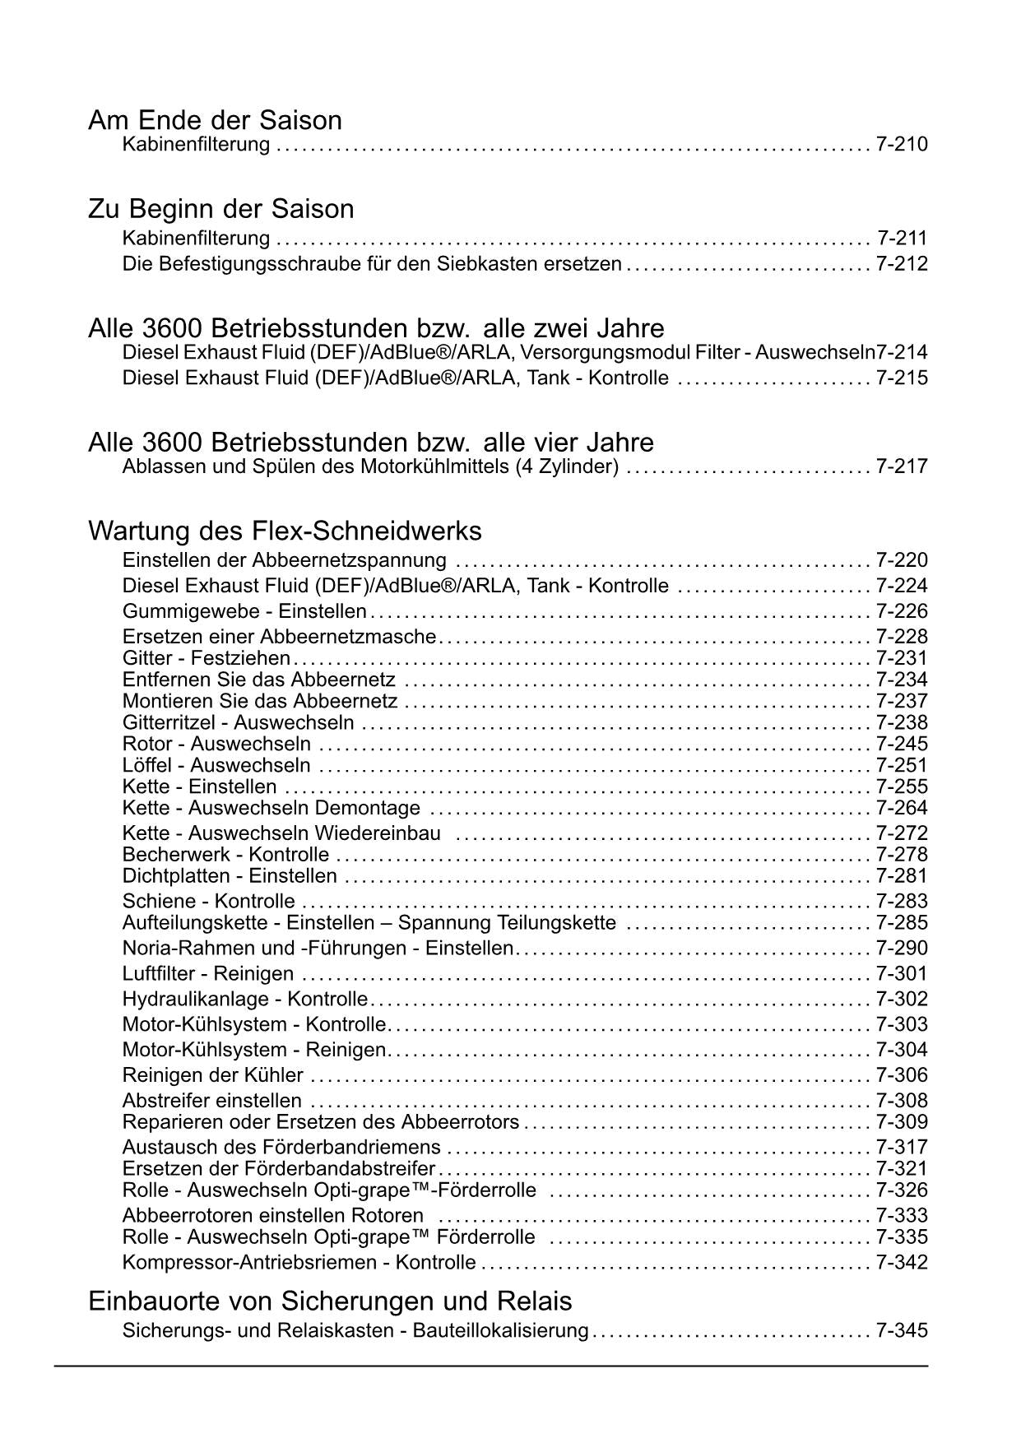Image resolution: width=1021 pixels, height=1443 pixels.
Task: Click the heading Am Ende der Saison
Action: pyautogui.click(x=215, y=120)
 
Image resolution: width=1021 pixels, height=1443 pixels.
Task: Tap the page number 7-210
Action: pyautogui.click(x=902, y=145)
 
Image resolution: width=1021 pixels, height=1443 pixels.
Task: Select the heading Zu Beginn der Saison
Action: pyautogui.click(x=220, y=209)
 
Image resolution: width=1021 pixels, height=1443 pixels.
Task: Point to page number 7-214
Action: pyautogui.click(x=902, y=353)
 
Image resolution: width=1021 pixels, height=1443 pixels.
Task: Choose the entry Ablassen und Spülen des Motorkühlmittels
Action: pyautogui.click(x=370, y=467)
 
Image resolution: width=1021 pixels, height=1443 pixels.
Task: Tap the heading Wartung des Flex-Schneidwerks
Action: pyautogui.click(x=285, y=531)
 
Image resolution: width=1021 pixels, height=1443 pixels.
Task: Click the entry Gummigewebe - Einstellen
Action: pyautogui.click(x=244, y=611)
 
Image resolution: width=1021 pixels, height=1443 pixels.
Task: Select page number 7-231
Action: pyautogui.click(x=902, y=658)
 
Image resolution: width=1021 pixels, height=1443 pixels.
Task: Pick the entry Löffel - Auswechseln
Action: pyautogui.click(x=216, y=766)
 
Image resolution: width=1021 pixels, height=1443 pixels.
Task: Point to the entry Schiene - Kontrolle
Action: pyautogui.click(x=208, y=902)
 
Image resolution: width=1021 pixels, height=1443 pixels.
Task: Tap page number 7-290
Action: pyautogui.click(x=902, y=949)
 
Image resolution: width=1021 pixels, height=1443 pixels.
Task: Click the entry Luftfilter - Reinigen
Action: pyautogui.click(x=207, y=974)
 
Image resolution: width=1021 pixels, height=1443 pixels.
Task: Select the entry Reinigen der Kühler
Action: pyautogui.click(x=212, y=1075)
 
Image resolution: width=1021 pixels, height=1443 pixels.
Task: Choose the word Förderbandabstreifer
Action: pyautogui.click(x=339, y=1169)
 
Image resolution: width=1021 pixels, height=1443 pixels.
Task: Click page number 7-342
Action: pyautogui.click(x=902, y=1263)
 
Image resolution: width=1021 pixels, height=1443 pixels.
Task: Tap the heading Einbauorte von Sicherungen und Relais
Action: pyautogui.click(x=330, y=1301)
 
